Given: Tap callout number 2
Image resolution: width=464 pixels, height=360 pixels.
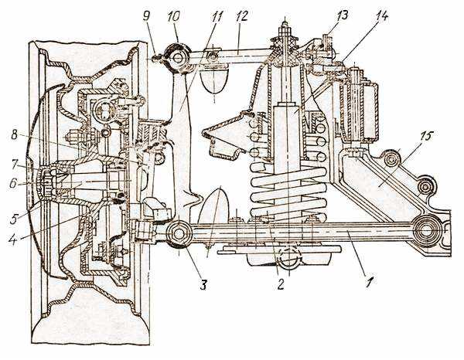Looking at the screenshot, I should pyautogui.click(x=280, y=284).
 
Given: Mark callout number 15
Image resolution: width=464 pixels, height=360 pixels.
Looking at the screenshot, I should pyautogui.click(x=427, y=137).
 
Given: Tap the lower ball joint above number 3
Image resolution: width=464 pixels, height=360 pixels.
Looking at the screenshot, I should pyautogui.click(x=179, y=233).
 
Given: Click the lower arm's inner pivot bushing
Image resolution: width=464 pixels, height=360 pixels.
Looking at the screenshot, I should pyautogui.click(x=426, y=229).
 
